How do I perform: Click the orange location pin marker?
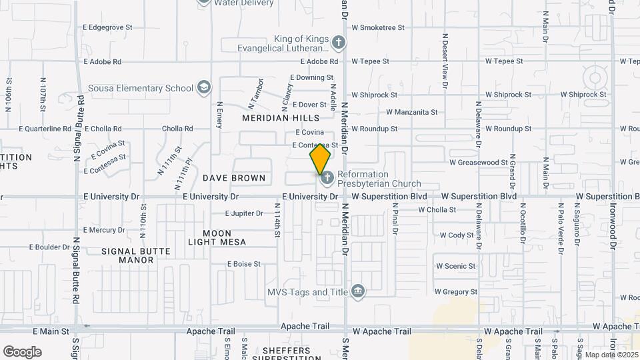(x=320, y=159)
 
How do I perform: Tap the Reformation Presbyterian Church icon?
(x=327, y=179)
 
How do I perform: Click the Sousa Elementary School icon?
(x=204, y=88)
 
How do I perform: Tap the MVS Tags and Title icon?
(x=358, y=291)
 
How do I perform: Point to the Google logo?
(x=22, y=351)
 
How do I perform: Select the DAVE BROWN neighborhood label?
(x=234, y=178)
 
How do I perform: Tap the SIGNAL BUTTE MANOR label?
(x=136, y=255)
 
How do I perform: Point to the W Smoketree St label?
(x=378, y=27)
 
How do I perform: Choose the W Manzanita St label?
(x=411, y=112)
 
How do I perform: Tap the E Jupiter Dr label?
(x=244, y=213)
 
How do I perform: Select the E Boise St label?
(x=243, y=264)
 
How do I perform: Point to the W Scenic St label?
(x=455, y=265)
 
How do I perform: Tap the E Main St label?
(x=51, y=331)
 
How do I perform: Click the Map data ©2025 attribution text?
(x=610, y=354)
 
